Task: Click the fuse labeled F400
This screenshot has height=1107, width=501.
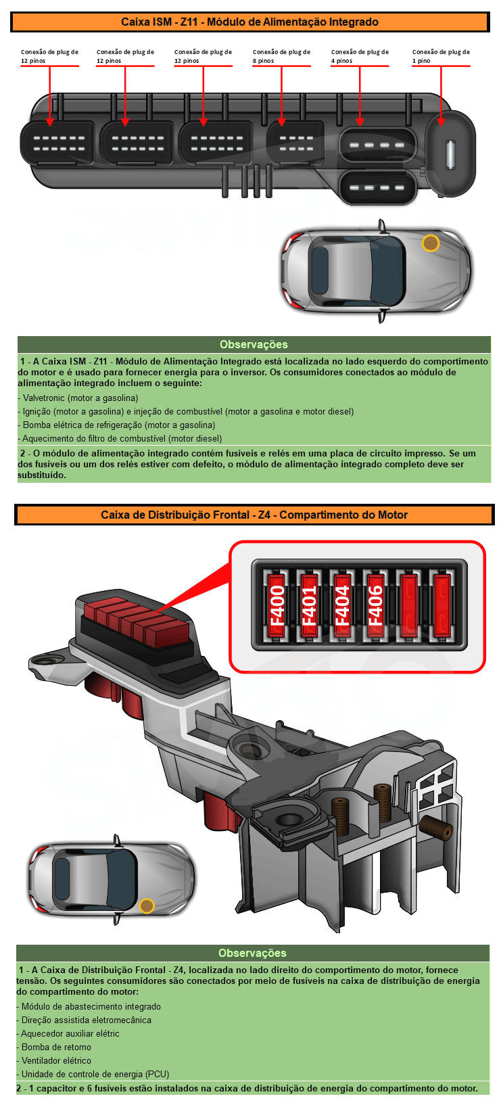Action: click(277, 605)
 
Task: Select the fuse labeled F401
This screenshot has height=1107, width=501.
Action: click(309, 605)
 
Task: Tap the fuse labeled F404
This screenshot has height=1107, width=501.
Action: click(342, 605)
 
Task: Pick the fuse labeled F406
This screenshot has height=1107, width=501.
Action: click(375, 605)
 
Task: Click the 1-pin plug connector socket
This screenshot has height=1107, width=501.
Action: click(450, 154)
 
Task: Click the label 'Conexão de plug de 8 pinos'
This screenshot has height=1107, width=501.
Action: click(281, 56)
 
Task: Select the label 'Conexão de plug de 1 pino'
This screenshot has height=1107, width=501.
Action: click(441, 56)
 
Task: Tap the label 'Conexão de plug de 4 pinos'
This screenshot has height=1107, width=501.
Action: click(360, 56)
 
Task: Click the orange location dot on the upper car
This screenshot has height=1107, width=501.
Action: click(430, 243)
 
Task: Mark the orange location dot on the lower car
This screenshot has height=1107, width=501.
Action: click(147, 905)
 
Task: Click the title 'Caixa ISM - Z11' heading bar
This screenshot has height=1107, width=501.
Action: click(250, 22)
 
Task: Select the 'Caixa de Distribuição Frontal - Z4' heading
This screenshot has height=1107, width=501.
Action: click(254, 515)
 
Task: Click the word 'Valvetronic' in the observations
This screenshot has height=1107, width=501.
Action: click(45, 398)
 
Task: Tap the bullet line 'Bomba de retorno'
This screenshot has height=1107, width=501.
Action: click(56, 1047)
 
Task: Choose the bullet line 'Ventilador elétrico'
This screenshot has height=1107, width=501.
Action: click(56, 1060)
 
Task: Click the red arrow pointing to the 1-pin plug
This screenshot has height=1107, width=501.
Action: click(441, 96)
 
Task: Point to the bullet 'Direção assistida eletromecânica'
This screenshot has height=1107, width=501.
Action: click(86, 1020)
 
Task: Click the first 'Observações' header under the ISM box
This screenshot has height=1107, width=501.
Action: click(254, 344)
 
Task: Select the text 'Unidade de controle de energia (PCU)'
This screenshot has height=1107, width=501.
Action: click(95, 1074)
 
